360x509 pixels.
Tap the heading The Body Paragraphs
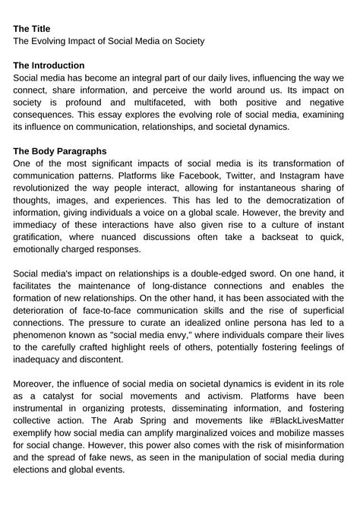(x=60, y=151)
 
